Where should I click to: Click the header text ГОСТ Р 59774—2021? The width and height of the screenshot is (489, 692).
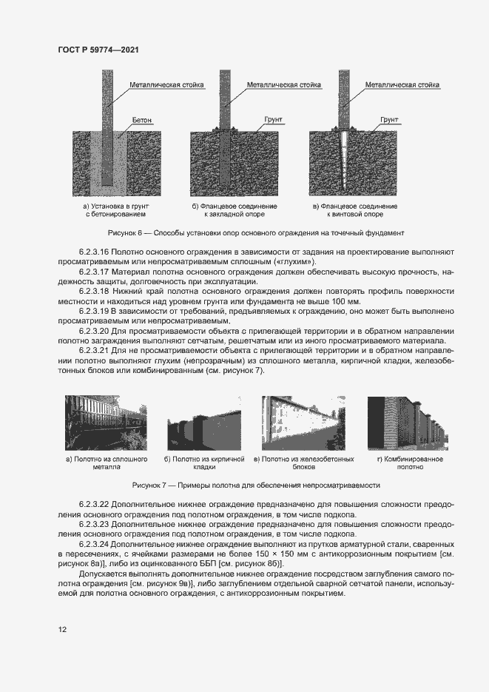tap(98, 50)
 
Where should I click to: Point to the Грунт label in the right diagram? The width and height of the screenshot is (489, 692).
tap(388, 118)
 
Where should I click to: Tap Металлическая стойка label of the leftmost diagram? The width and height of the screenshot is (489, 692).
tap(166, 85)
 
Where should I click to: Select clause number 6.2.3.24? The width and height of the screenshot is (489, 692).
tap(93, 544)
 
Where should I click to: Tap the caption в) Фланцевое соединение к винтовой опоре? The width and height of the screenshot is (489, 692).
tap(355, 209)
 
